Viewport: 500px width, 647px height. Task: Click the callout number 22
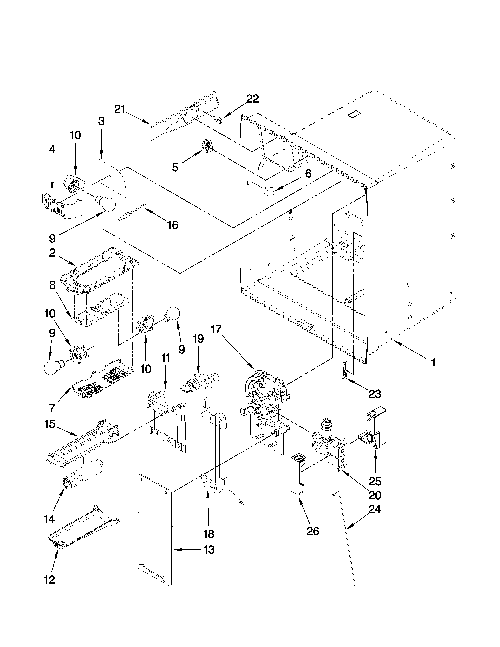click(x=252, y=99)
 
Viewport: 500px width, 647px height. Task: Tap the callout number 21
click(x=120, y=109)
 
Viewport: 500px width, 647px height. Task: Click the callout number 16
click(x=173, y=225)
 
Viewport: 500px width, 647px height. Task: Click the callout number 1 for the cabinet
click(x=433, y=362)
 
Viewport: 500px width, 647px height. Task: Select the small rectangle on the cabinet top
click(x=355, y=115)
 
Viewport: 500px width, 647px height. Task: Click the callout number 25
click(x=375, y=481)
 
